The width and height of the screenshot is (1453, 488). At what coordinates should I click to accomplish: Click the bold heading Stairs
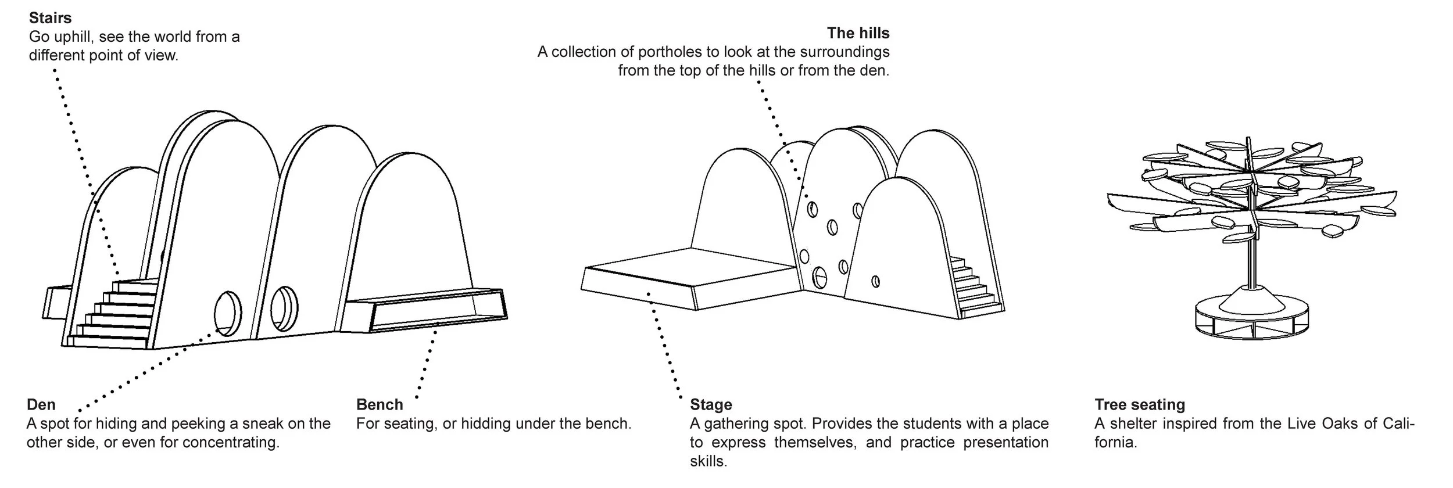50,18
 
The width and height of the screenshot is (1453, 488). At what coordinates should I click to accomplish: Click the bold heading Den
41,404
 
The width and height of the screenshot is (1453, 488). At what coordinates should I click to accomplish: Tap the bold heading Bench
379,404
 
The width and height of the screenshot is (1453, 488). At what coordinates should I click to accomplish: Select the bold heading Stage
710,404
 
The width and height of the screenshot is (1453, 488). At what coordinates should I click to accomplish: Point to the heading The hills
858,33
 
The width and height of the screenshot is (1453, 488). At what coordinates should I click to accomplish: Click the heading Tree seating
1139,404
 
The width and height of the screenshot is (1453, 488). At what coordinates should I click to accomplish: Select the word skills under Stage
708,461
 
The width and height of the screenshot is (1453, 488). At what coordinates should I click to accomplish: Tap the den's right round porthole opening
284,308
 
